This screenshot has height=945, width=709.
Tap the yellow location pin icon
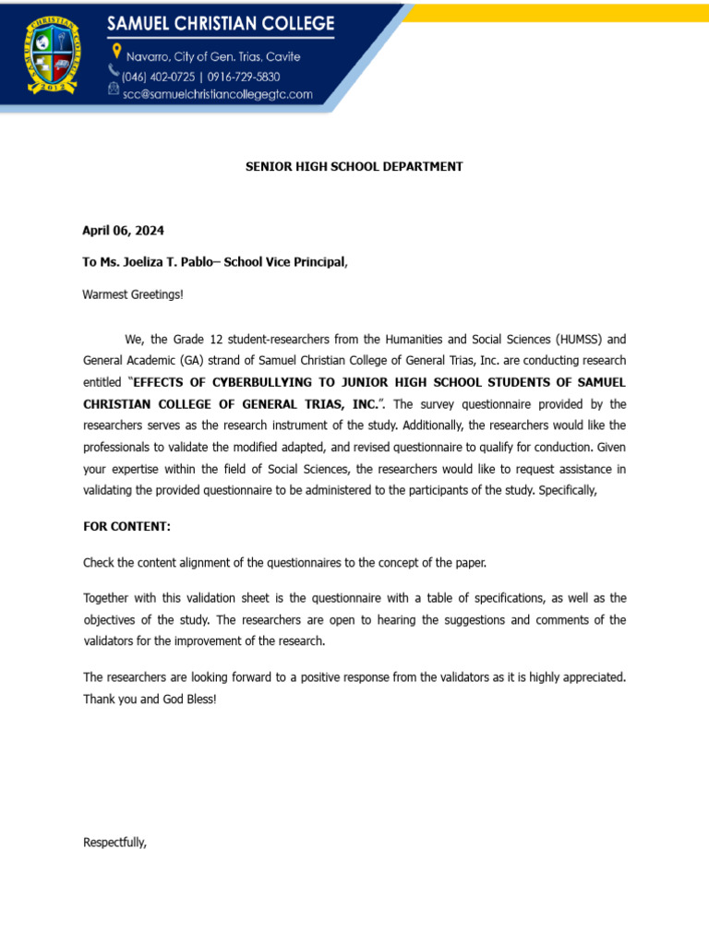pos(115,52)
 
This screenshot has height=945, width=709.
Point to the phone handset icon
pos(114,71)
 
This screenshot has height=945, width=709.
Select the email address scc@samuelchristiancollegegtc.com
pos(218,93)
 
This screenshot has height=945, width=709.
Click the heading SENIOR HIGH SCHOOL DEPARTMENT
pos(354,167)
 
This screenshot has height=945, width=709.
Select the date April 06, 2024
pos(124,231)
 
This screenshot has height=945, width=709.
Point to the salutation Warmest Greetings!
pos(133,294)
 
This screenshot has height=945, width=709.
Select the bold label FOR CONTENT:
pos(126,526)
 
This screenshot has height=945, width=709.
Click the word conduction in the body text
pos(525,447)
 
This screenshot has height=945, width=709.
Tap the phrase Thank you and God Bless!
pos(150,699)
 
